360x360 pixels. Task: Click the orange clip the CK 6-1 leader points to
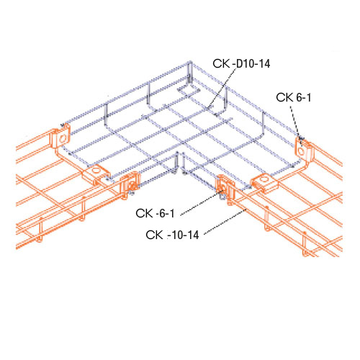tap(302, 148)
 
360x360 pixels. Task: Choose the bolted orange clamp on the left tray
tap(130, 184)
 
